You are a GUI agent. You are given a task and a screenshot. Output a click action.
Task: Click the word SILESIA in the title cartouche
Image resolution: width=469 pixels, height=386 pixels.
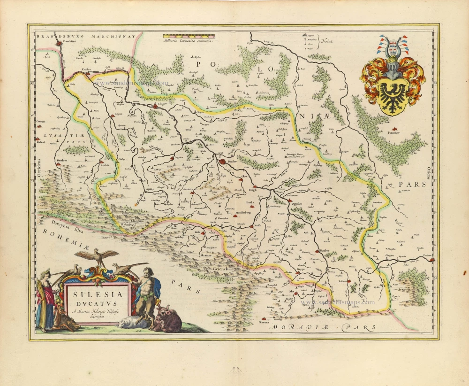tap(96, 295)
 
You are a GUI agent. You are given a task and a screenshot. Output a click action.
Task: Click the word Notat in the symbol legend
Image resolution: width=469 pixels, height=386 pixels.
tap(327, 41)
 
